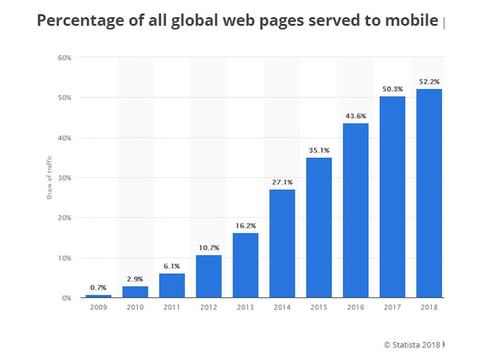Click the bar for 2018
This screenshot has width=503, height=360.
click(x=428, y=193)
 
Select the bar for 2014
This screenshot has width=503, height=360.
click(x=282, y=244)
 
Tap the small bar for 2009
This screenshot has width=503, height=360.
click(x=98, y=296)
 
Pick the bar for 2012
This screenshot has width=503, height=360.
click(x=208, y=276)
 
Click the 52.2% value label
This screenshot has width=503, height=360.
click(x=429, y=82)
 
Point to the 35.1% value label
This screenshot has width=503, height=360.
click(x=319, y=150)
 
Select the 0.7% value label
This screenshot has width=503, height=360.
click(x=98, y=288)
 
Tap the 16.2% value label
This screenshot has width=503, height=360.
click(x=245, y=226)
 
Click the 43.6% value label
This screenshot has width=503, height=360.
click(x=355, y=116)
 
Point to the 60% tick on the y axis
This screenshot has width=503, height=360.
click(x=65, y=57)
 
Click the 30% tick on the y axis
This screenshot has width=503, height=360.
click(x=65, y=177)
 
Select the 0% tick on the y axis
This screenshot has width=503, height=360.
click(x=67, y=298)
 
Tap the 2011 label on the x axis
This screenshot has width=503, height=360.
click(x=172, y=308)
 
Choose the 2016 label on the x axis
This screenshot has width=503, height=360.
click(x=355, y=308)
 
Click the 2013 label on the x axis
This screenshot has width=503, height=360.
click(x=245, y=308)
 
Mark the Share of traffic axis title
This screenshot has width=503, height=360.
click(x=50, y=177)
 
